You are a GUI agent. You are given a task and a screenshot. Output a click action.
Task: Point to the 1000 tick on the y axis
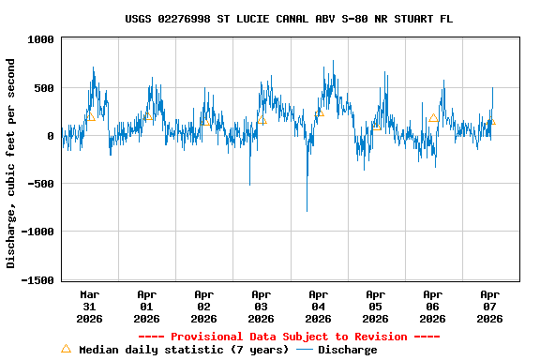(x=40, y=39)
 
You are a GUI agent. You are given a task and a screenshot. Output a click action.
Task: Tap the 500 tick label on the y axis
(x=44, y=88)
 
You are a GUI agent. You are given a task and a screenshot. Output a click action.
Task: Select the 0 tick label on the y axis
(x=52, y=136)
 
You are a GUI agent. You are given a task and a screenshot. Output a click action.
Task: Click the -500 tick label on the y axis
(x=40, y=184)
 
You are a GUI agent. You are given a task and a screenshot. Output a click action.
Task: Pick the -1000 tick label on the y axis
(x=37, y=232)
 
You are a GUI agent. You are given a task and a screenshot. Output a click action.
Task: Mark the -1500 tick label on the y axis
(x=37, y=279)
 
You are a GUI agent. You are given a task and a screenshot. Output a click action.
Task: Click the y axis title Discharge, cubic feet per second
(x=11, y=163)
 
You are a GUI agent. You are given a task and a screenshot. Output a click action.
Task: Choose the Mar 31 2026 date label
(x=90, y=306)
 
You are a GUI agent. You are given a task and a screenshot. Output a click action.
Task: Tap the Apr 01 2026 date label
(x=147, y=306)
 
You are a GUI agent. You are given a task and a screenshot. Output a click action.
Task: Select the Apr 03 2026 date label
(x=262, y=306)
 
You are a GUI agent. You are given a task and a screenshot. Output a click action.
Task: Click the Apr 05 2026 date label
(x=376, y=306)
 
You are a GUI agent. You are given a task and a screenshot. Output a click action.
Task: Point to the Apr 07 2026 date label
(x=489, y=306)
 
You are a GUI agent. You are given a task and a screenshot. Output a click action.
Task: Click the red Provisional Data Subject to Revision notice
(x=289, y=337)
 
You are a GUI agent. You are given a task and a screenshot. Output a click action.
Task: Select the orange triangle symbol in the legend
(x=66, y=349)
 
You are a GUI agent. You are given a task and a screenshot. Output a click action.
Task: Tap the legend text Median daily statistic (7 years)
(x=183, y=350)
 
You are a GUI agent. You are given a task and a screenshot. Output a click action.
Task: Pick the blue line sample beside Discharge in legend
(x=305, y=350)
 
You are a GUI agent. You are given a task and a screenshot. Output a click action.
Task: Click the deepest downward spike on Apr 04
(x=307, y=211)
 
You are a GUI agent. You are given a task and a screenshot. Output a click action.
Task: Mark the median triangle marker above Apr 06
(x=433, y=118)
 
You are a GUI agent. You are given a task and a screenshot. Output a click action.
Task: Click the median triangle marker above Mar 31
(x=91, y=117)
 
